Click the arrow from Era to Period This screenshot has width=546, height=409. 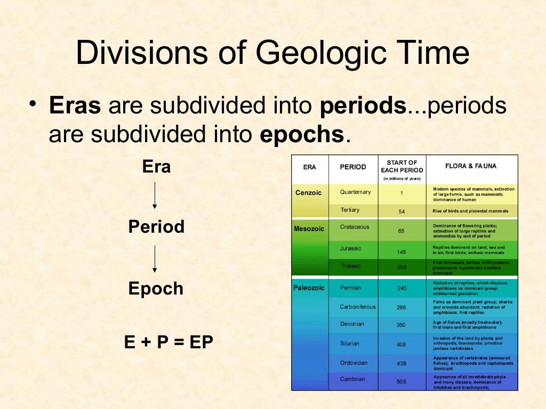click(x=155, y=195)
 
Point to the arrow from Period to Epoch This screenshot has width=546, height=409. click(x=155, y=259)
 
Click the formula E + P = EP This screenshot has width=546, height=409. click(x=168, y=342)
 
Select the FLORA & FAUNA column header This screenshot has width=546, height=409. click(x=470, y=166)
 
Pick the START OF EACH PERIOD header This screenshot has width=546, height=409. click(x=402, y=166)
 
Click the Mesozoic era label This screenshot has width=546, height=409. click(x=309, y=230)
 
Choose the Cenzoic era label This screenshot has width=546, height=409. click(x=309, y=193)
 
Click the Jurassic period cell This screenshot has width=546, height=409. click(x=350, y=248)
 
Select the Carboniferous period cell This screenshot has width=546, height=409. click(x=357, y=307)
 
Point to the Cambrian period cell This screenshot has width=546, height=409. click(x=352, y=379)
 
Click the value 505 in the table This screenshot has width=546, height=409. click(x=402, y=381)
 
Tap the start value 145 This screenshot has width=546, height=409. click(x=402, y=251)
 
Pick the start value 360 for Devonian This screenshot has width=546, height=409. click(x=402, y=325)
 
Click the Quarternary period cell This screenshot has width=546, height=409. click(x=355, y=192)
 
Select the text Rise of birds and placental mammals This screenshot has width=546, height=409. click(x=470, y=211)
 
